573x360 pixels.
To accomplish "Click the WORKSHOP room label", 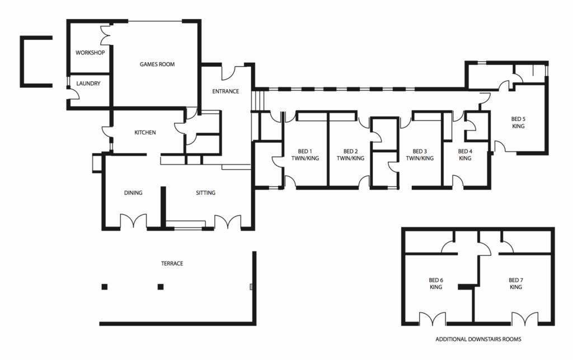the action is pos(90,53).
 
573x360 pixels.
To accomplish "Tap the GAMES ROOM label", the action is pos(157,64).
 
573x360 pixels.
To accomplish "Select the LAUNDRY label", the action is pos(88,83).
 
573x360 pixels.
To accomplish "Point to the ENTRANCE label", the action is pos(226,91).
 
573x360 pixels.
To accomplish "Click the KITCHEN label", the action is pos(145,132).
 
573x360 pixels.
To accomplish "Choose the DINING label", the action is pos(133,193).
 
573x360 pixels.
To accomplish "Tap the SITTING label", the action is pos(205,193).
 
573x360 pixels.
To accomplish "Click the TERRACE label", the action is pos(172,263).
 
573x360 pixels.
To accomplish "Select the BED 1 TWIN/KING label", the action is pos(305,155).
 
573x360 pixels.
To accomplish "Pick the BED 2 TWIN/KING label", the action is pos(350,155).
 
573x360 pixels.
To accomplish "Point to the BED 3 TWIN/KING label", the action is pos(420,155).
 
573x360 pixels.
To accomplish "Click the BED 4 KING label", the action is pos(465,155).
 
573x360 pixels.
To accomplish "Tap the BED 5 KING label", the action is pos(518,123).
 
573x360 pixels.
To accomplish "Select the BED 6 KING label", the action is pos(436,284).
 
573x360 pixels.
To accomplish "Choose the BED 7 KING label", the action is pos(515,284).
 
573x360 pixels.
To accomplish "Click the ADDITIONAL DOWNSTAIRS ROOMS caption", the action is pos(478,339).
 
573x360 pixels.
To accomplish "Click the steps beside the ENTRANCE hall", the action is pos(258,100).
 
